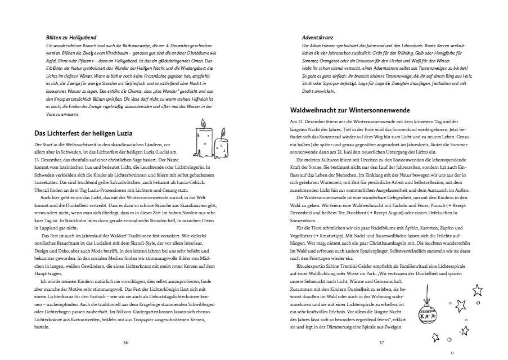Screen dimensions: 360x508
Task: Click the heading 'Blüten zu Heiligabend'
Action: (69, 37)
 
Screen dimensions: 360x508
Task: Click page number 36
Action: (125, 342)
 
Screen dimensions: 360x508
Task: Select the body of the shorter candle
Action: (222, 148)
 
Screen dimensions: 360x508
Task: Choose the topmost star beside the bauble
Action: (478, 290)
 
